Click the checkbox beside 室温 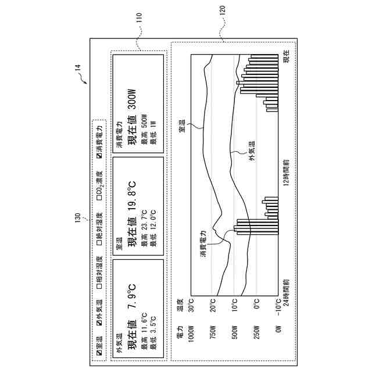pos(99,352)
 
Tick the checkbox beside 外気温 pos(99,322)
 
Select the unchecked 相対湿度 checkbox pos(99,285)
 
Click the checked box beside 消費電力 pos(99,156)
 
